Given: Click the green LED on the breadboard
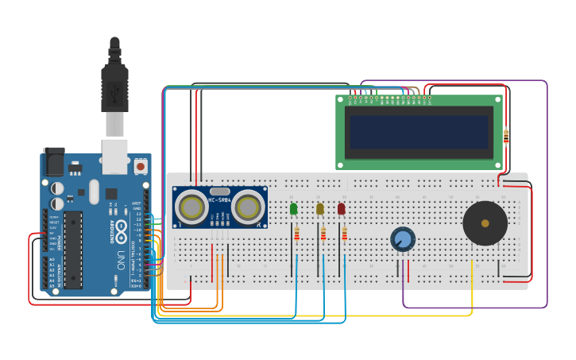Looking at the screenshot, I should click(x=294, y=209).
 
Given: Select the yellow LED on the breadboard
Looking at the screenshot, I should click(x=320, y=209).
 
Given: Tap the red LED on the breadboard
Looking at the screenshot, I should click(x=342, y=209).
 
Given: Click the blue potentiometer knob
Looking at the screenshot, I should click(x=403, y=239).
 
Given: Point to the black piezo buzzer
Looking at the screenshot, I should click(x=485, y=223).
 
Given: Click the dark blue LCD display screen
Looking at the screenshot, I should click(x=419, y=133).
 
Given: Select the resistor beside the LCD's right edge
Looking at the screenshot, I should click(x=506, y=137).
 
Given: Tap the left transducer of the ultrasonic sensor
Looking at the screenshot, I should click(x=191, y=207).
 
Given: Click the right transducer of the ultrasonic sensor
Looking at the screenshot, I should click(x=248, y=207).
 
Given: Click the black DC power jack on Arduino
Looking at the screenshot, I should click(x=53, y=162).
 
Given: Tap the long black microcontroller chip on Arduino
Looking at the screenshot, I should click(x=73, y=249).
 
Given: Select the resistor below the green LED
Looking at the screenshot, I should click(x=297, y=234).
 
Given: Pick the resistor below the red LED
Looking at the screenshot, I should click(x=345, y=234).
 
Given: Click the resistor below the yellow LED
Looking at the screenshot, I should click(x=323, y=234).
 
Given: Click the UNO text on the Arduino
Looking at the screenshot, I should click(x=122, y=259).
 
